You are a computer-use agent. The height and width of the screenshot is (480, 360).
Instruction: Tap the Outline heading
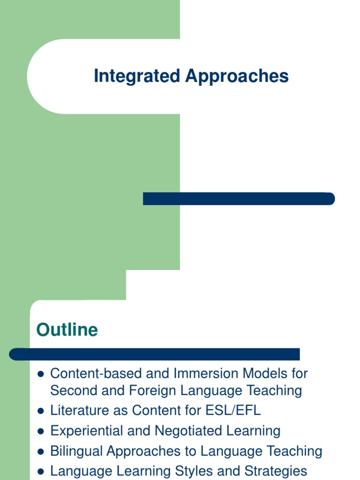67,330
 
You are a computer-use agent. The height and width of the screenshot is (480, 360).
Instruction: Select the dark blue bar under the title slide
239,199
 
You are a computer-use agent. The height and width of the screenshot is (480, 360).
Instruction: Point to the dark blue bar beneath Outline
155,354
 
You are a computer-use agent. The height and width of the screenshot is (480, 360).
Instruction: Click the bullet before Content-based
40,374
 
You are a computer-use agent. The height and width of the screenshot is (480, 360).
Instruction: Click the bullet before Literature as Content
40,411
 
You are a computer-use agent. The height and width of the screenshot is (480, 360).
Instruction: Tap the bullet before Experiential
40,431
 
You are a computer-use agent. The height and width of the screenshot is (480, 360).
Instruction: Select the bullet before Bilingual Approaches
40,451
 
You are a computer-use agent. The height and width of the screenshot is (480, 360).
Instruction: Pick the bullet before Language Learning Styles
40,471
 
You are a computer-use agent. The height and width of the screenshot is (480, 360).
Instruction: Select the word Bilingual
76,451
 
